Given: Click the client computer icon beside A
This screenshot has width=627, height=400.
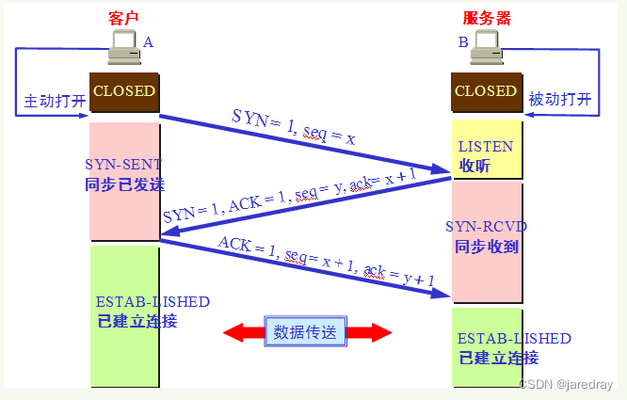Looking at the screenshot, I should [x=122, y=47].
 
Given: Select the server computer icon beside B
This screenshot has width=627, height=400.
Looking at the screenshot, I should [x=484, y=47].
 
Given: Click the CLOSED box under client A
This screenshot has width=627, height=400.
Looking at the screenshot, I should [x=124, y=92].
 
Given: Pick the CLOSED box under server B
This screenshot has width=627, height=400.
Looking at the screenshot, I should [x=485, y=92].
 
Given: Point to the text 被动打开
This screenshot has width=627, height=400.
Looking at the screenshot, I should [x=561, y=99].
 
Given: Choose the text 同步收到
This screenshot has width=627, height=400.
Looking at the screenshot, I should [x=487, y=247].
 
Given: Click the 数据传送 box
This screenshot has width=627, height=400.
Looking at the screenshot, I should [x=306, y=330].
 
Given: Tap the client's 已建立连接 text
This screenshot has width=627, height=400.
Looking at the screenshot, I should [x=137, y=321].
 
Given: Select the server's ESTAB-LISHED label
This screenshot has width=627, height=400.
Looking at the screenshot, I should [x=514, y=338].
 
